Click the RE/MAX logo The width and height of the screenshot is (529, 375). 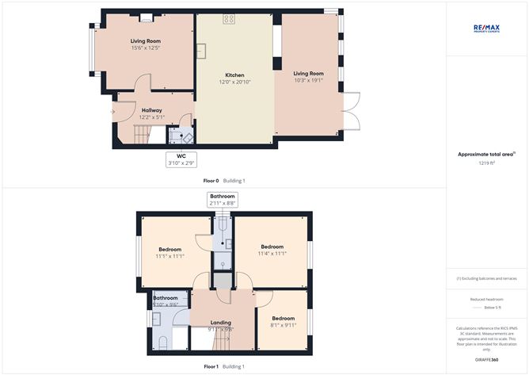tap(487, 28)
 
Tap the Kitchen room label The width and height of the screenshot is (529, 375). tap(235, 75)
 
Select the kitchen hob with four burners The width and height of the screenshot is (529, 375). tap(229, 19)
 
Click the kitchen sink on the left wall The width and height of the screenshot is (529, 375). tap(202, 51)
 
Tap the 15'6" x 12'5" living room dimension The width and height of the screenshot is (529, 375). tap(146, 48)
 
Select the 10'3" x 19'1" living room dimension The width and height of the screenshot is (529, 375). tap(309, 79)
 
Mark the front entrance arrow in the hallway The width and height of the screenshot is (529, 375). tap(113, 112)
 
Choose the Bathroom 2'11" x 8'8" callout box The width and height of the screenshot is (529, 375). tap(223, 199)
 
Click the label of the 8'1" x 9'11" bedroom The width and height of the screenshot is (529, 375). tap(283, 296)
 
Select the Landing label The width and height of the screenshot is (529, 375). tap(220, 321)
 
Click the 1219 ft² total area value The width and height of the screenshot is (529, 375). tap(486, 163)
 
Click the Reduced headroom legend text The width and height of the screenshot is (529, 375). tap(487, 299)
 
